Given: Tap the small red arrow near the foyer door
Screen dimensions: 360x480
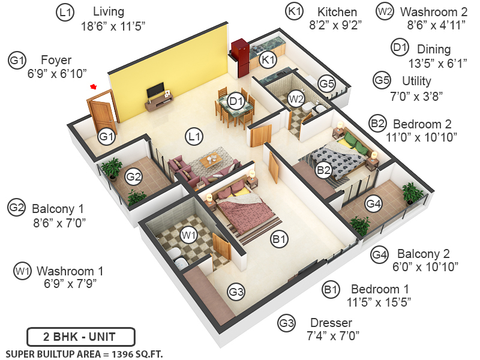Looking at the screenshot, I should (93, 87).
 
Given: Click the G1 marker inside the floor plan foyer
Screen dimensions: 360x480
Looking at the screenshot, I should (106, 136).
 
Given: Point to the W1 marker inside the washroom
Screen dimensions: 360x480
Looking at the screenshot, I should (189, 235).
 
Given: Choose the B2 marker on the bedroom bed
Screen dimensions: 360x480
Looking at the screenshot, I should (324, 170).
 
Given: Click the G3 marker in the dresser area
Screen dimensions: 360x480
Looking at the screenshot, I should (236, 292).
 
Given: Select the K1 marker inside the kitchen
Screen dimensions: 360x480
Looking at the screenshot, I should (268, 59).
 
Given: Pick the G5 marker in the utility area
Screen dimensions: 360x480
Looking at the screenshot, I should (326, 84).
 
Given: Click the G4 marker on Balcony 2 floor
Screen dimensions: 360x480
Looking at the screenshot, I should (374, 204).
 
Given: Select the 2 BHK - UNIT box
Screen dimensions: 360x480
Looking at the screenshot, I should (81, 337).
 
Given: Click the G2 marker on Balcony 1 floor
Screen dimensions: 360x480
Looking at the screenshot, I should (133, 176).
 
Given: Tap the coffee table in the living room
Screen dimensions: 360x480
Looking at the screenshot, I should (211, 161).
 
